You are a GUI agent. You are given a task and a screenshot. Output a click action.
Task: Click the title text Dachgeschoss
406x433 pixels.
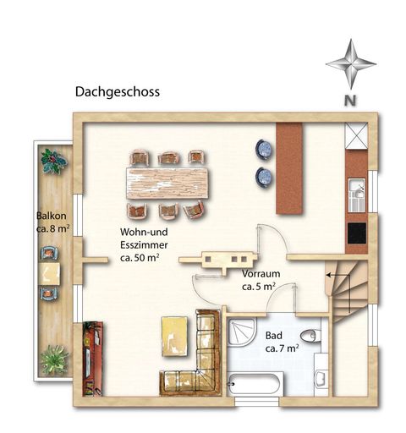pos(117,91)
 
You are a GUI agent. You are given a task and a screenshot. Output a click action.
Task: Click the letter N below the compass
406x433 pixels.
pos(349,100)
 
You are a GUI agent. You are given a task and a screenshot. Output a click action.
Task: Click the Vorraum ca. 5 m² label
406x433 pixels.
pos(258,281)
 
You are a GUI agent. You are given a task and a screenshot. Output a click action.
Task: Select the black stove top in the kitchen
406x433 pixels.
pos(355,232)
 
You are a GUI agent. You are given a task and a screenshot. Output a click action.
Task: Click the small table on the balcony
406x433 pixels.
pos(50,272)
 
